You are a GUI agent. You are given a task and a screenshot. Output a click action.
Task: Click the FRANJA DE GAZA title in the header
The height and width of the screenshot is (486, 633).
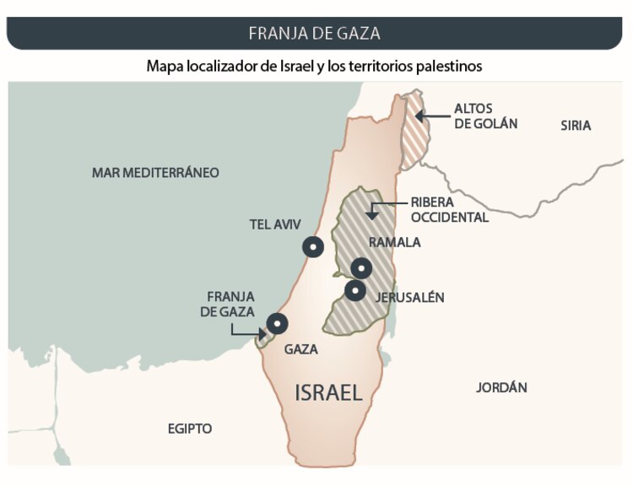314,34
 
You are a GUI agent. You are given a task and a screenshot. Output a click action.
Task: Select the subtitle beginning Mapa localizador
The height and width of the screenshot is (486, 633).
314,65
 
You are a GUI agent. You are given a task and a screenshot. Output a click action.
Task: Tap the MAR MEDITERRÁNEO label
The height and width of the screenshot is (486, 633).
155,173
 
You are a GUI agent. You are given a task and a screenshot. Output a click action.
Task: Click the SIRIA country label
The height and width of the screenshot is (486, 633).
576,126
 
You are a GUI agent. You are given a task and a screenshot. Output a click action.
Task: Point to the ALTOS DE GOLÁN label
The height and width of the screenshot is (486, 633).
485,116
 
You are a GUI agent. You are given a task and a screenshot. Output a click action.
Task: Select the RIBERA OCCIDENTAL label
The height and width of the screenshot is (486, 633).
449,210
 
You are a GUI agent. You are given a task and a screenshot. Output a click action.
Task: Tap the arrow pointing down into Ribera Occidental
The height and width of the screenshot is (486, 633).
371,212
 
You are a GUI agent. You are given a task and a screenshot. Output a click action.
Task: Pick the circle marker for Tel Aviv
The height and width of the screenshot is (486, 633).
313,247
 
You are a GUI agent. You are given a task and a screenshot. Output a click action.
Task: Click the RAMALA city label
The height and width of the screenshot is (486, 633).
395,242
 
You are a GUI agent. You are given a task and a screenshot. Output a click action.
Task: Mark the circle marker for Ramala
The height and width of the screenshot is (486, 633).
361,269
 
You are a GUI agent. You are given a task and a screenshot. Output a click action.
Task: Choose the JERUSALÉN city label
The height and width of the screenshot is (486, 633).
410,298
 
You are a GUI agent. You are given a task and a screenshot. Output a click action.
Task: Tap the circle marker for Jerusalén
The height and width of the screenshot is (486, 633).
355,291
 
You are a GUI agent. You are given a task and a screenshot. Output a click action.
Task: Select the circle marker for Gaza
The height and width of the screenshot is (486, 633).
276,323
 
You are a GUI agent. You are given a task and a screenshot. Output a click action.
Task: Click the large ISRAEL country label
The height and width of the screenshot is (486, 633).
328,391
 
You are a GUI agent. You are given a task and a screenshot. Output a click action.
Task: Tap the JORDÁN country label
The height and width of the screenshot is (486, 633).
501,388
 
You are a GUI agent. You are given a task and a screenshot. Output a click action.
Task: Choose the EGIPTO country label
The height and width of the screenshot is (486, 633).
189,429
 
